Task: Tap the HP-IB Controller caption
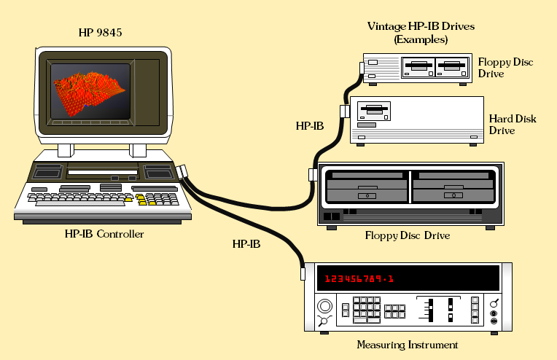(104, 234)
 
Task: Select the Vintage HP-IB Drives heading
(421, 33)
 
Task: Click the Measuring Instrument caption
(408, 345)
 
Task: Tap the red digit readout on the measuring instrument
(359, 278)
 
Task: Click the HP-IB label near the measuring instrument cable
(246, 244)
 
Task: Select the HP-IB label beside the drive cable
(309, 125)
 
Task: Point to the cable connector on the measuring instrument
(302, 273)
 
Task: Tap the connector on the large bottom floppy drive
(311, 175)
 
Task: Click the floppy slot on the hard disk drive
(372, 111)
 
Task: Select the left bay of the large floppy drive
(366, 187)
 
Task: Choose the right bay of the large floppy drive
(452, 187)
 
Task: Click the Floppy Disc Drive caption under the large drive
(407, 235)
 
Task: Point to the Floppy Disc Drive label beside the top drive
(505, 68)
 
